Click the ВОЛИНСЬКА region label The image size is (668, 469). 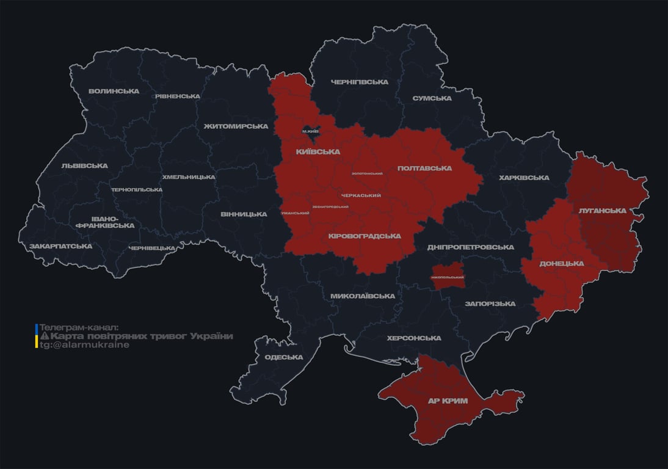tap(114, 92)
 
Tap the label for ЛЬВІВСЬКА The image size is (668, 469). tap(84, 165)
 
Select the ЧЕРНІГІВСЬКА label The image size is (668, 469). tap(359, 82)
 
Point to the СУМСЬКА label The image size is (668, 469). tap(432, 98)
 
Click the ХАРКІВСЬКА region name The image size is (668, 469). tap(524, 178)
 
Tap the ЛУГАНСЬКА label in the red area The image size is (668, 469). tap(603, 210)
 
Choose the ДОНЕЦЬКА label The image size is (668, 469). tap(562, 263)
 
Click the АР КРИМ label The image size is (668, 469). tap(448, 401)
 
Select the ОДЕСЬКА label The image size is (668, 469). tap(284, 357)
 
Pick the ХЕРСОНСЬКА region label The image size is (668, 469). tap(414, 338)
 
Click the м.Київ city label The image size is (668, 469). tap(311, 131)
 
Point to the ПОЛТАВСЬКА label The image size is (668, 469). tap(424, 168)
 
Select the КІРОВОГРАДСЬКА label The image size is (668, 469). tap(365, 236)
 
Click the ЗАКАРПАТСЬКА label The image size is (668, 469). tap(60, 246)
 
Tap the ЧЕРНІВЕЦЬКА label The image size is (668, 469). tap(152, 248)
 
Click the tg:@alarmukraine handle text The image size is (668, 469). tap(84, 344)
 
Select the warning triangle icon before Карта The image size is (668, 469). tap(44, 336)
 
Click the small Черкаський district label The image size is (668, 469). tap(361, 195)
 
